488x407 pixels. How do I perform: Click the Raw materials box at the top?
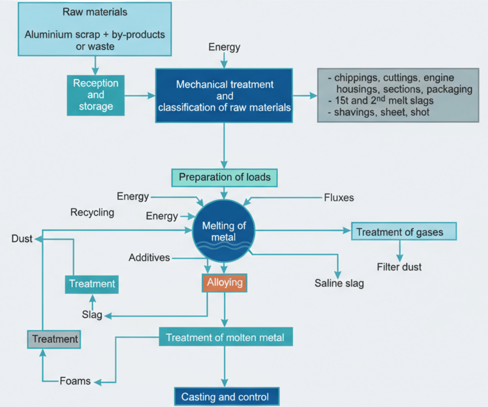point(95,29)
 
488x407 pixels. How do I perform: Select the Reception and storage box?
point(96,95)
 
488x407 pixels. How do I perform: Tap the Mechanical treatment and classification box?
point(224,96)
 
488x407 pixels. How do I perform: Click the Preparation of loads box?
point(224,178)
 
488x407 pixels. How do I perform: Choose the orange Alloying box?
point(224,283)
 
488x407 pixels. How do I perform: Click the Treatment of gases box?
point(404,231)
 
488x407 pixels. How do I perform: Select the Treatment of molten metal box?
point(226,337)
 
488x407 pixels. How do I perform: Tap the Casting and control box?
point(227,396)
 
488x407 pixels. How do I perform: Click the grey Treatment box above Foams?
point(54,339)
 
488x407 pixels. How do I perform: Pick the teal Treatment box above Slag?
point(92,284)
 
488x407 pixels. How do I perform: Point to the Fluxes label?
point(339,198)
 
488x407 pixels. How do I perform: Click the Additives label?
point(149,257)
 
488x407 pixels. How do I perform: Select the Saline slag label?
point(339,283)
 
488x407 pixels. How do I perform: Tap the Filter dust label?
point(399,267)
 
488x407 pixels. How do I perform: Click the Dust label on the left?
point(22,239)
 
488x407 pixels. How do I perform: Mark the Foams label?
point(75,381)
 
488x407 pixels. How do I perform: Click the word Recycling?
point(92,212)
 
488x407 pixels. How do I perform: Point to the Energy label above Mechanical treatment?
point(224,47)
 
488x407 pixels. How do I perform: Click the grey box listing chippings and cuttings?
point(398,95)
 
